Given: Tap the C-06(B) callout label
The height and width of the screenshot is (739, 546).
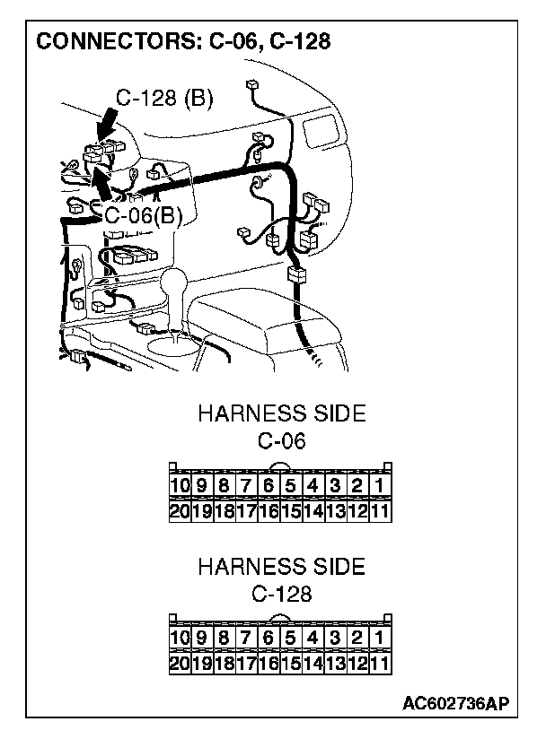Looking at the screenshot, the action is pos(144,215).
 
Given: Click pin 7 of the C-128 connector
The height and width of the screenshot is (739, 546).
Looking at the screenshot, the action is pos(246,639).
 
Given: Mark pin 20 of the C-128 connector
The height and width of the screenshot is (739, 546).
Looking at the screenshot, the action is pos(180,665).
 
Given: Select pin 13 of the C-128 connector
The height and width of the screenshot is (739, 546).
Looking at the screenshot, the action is pos(335,665).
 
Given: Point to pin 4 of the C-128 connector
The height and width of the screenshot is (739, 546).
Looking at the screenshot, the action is pos(313,639).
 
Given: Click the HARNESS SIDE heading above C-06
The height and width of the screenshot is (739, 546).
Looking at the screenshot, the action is pos(281,414).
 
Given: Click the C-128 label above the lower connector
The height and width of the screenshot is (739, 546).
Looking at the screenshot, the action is pos(281,594).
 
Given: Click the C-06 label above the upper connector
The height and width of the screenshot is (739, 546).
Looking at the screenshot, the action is pos(281,441).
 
